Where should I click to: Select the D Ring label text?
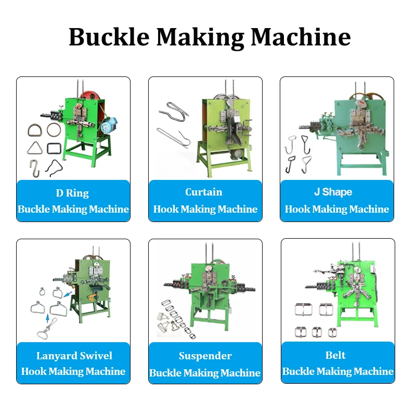click(x=72, y=193)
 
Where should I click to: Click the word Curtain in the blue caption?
click(x=204, y=192)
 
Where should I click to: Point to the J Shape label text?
click(x=333, y=192)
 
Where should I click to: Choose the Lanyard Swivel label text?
click(x=74, y=356)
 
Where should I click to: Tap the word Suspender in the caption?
click(x=205, y=356)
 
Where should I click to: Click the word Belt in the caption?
click(x=335, y=355)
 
